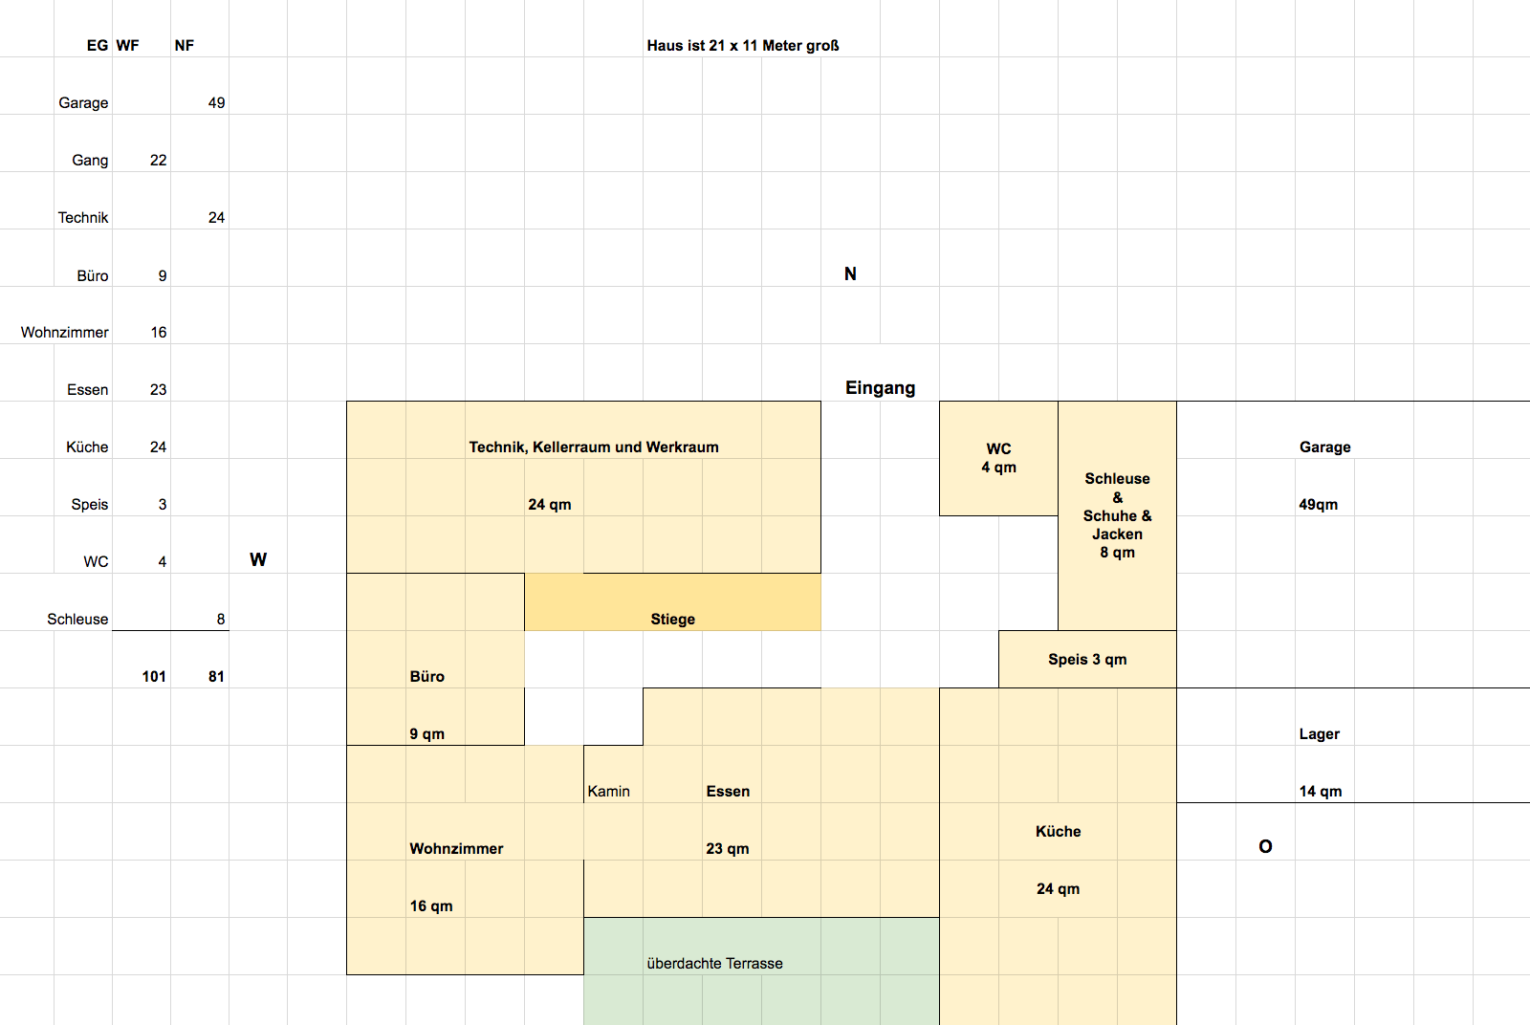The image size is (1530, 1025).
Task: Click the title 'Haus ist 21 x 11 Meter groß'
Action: pyautogui.click(x=742, y=46)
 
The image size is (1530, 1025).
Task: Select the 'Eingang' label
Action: pyautogui.click(x=880, y=388)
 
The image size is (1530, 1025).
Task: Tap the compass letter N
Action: pyautogui.click(x=850, y=273)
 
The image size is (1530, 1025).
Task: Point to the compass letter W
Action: pyautogui.click(x=258, y=560)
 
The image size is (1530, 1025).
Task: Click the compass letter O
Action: pyautogui.click(x=1265, y=847)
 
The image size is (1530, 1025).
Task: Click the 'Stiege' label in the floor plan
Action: pyautogui.click(x=672, y=620)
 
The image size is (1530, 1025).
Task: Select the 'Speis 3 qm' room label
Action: pyautogui.click(x=1087, y=660)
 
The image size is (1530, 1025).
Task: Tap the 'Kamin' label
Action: pyautogui.click(x=608, y=792)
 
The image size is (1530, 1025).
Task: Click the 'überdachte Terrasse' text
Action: pyautogui.click(x=714, y=964)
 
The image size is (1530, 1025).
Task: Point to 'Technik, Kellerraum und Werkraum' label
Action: pyautogui.click(x=594, y=447)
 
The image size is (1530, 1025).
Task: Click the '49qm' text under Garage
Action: pyautogui.click(x=1318, y=505)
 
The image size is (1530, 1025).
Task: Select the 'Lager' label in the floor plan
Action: pyautogui.click(x=1319, y=734)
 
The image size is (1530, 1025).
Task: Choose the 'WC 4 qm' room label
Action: pyautogui.click(x=998, y=458)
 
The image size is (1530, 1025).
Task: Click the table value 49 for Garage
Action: pyautogui.click(x=216, y=103)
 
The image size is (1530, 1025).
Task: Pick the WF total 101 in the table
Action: pyautogui.click(x=154, y=677)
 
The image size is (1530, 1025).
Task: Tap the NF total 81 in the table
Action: pyautogui.click(x=216, y=677)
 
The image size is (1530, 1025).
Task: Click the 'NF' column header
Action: pyautogui.click(x=185, y=46)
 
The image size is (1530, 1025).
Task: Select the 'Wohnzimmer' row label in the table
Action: pyautogui.click(x=65, y=333)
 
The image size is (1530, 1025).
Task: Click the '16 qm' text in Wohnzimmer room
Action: pyautogui.click(x=431, y=906)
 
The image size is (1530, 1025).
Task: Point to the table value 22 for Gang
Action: pyautogui.click(x=159, y=161)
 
